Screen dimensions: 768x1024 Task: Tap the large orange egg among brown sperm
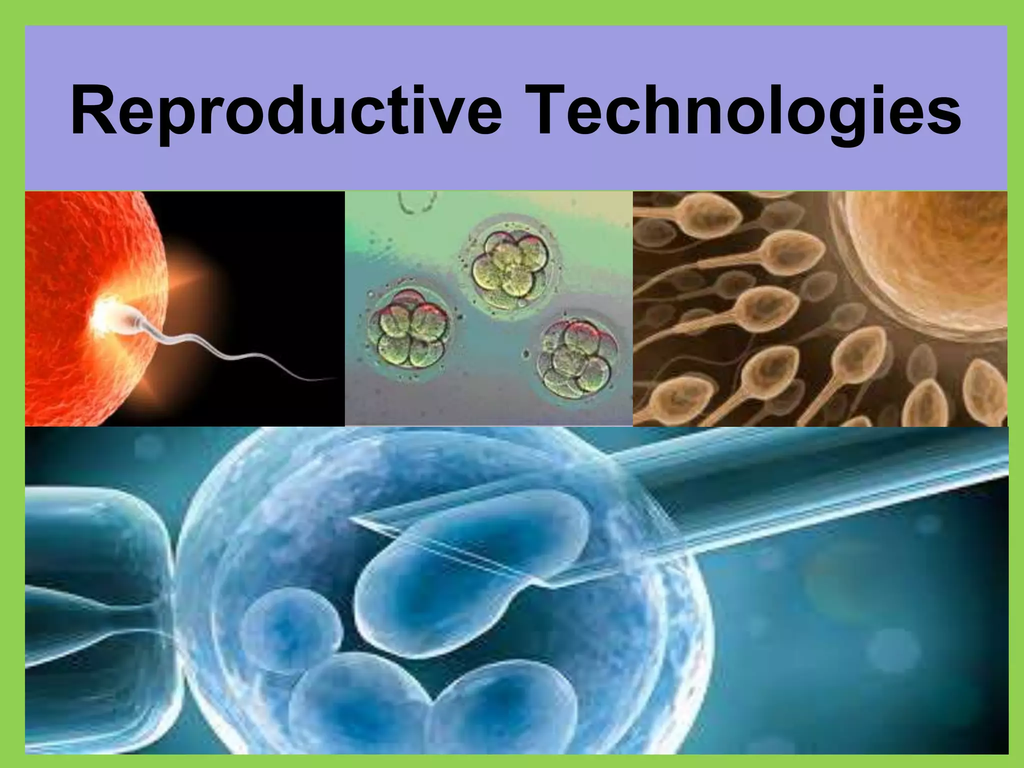pyautogui.click(x=930, y=265)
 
